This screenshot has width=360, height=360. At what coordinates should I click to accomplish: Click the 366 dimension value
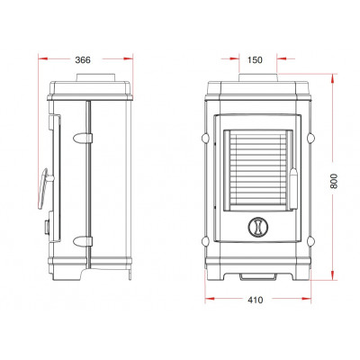pyautogui.click(x=83, y=60)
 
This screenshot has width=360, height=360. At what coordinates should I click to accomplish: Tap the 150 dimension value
pyautogui.click(x=255, y=60)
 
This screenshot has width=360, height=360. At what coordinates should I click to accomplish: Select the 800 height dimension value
pyautogui.click(x=334, y=181)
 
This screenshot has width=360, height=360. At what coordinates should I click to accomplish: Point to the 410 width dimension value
pyautogui.click(x=256, y=300)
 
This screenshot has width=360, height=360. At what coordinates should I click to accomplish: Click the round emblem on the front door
pyautogui.click(x=257, y=226)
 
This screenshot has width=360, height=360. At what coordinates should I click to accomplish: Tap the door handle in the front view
pyautogui.click(x=293, y=188)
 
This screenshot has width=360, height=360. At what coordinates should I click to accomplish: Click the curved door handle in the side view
pyautogui.click(x=44, y=188)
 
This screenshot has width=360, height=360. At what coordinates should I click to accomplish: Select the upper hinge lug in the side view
pyautogui.click(x=83, y=138)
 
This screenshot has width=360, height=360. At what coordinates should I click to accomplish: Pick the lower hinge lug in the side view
pyautogui.click(x=83, y=241)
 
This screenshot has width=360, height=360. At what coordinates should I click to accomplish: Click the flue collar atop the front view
pyautogui.click(x=257, y=77)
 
